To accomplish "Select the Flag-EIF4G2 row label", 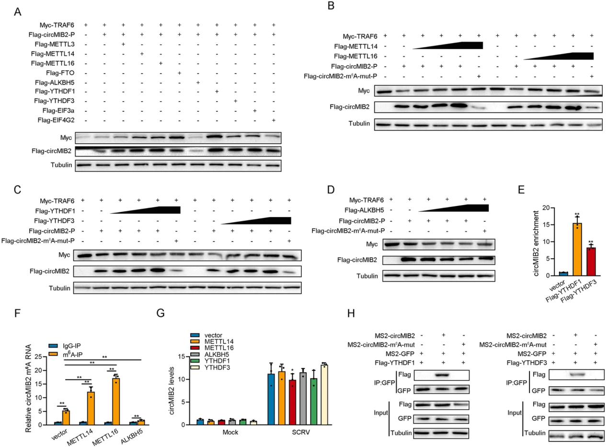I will [x=58, y=120].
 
